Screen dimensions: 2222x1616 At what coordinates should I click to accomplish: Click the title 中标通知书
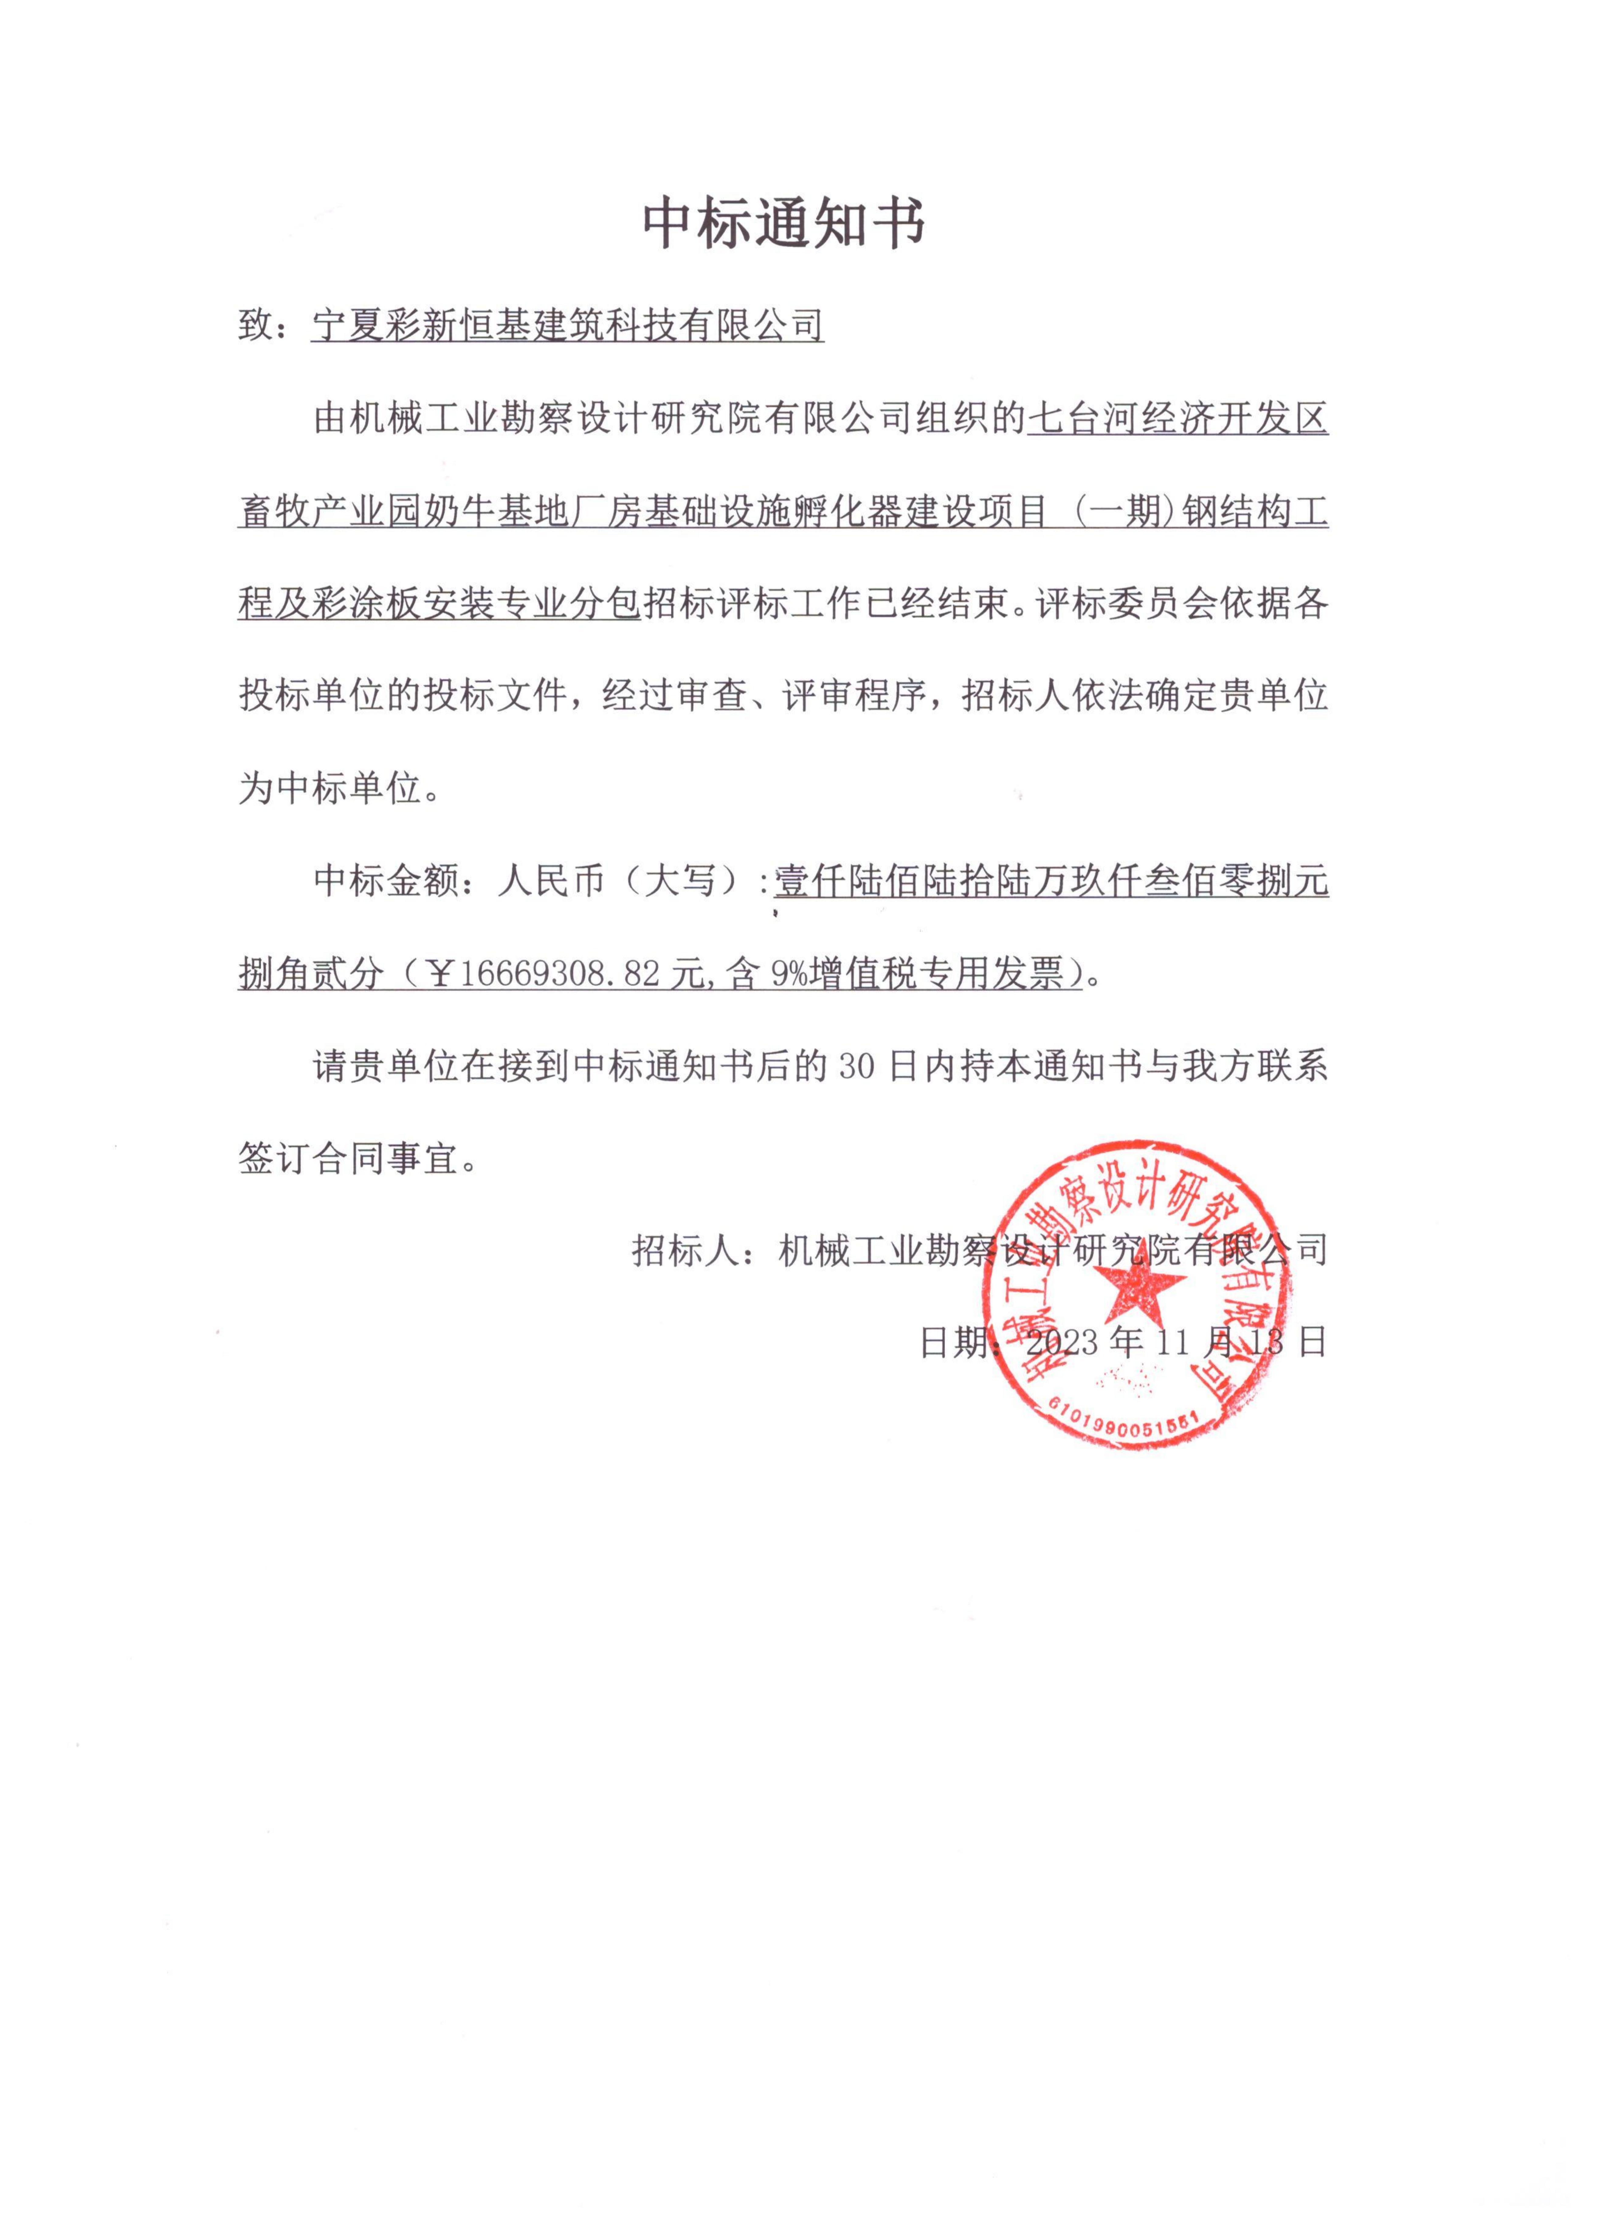(x=784, y=224)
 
